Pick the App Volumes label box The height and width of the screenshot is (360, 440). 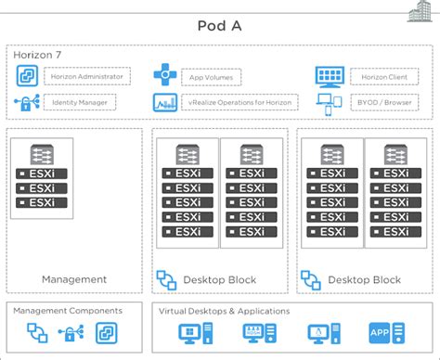point(211,77)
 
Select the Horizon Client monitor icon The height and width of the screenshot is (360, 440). point(330,76)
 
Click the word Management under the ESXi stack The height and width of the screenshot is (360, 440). point(74,279)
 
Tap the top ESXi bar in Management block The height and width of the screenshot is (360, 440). point(41,173)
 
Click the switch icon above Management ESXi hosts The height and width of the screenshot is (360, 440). point(41,153)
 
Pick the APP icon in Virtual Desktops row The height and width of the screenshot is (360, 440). point(384,335)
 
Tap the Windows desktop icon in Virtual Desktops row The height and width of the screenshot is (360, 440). point(195,335)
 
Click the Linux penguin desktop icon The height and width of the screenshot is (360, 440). point(322,335)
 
